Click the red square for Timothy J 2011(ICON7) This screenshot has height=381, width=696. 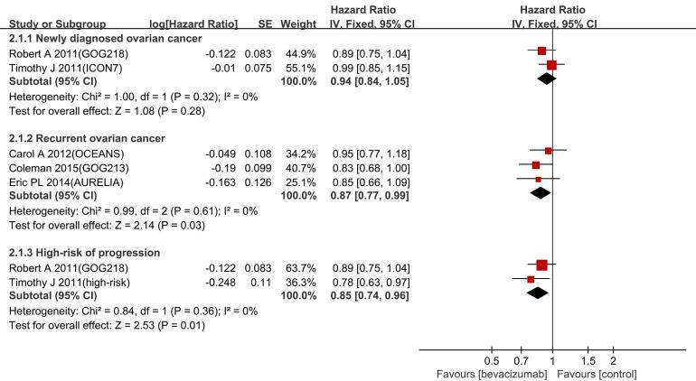pos(551,65)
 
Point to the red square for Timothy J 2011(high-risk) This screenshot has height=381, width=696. pos(531,279)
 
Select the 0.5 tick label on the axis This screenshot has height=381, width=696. pos(492,360)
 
